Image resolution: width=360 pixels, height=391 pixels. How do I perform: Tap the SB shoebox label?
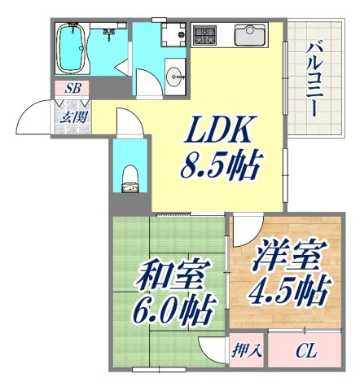tap(72, 88)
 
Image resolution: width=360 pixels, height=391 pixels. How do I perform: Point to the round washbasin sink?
tap(174, 78)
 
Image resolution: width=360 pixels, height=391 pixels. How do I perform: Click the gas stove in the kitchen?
tap(204, 36)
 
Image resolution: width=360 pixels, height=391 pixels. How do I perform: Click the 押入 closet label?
tap(247, 351)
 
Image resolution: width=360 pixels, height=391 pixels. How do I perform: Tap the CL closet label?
tap(305, 351)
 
